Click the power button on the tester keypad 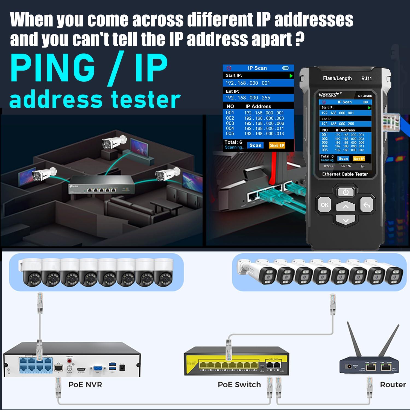345,192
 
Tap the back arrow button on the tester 367,205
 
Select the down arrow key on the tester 345,220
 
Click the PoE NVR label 85,385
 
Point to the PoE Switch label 239,385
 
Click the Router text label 393,385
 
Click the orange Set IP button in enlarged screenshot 277,145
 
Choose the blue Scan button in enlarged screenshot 255,145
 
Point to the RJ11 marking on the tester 366,79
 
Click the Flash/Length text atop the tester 337,78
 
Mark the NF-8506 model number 365,96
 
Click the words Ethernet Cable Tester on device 345,174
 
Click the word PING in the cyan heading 52,68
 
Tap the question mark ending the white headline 300,39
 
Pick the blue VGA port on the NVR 98,369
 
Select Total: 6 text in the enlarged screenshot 233,142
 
